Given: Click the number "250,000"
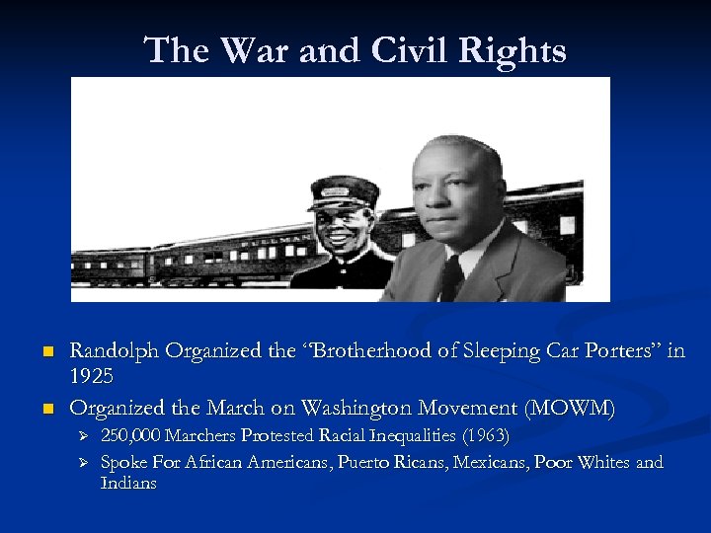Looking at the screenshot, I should (131, 435).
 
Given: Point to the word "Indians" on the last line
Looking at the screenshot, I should (128, 484).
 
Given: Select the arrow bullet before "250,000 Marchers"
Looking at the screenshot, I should (83, 436).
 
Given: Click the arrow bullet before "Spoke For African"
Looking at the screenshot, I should (83, 463).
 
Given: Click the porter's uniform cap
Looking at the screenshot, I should (344, 190).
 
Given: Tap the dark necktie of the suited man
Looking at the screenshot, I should (451, 277).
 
